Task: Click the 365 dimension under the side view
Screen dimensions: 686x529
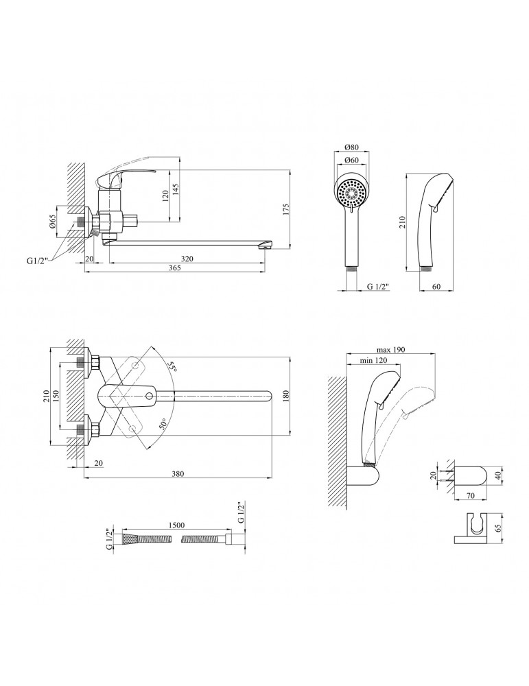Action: [174, 269]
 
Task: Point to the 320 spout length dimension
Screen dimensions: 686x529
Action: [187, 259]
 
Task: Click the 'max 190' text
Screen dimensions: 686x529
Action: [391, 350]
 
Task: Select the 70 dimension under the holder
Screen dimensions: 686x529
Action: [471, 493]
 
